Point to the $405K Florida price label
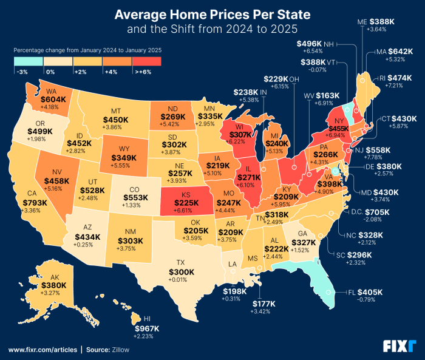click(x=370, y=292)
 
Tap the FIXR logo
click(x=399, y=346)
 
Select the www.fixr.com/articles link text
click(x=42, y=350)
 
